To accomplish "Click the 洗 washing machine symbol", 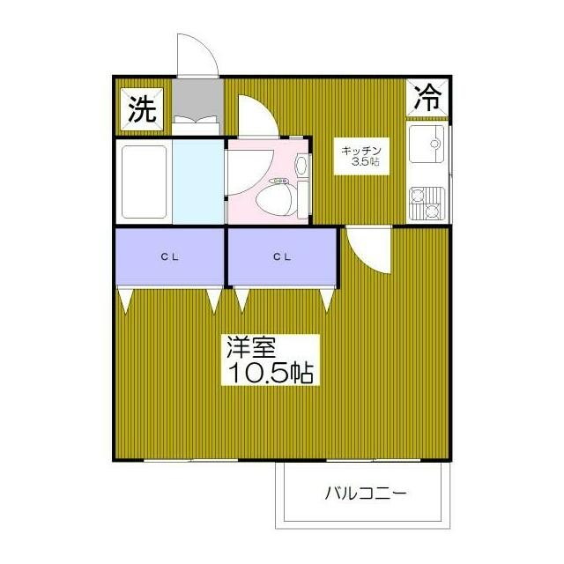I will click(143, 108).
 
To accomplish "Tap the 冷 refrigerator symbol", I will click(428, 97).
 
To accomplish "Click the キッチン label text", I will click(360, 150).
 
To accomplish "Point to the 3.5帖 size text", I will click(365, 162).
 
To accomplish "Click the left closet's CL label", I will click(169, 257).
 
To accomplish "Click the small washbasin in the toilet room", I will click(301, 166).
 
